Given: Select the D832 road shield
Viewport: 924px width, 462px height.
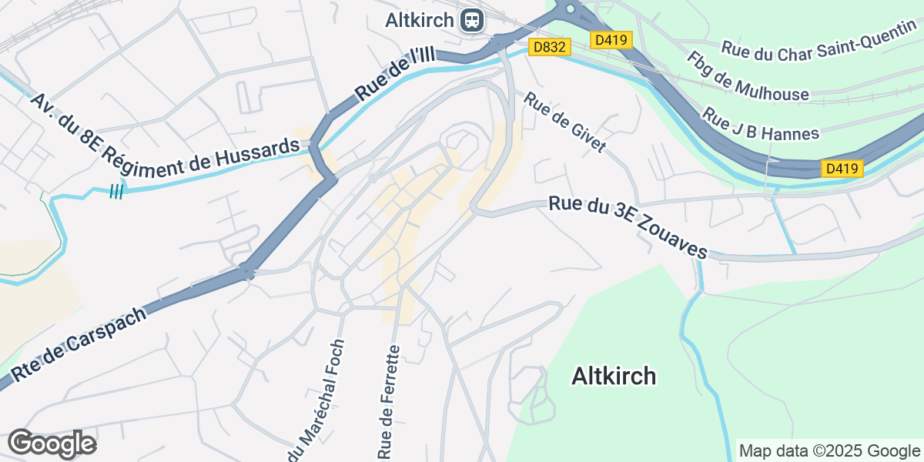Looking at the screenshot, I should coord(550,48).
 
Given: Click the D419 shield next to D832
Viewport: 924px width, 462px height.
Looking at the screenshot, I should coord(611,39).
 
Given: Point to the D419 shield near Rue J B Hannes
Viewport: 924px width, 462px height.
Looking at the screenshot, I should coord(842,169).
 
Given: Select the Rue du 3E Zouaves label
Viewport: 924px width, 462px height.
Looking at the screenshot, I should coord(628,228).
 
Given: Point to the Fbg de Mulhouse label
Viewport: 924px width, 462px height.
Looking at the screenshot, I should coord(747,77).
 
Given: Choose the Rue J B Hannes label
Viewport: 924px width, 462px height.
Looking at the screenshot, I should coord(761,122).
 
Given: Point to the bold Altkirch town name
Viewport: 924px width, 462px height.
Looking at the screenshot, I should coord(614,376).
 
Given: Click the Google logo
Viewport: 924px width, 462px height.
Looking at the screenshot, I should coord(52,444).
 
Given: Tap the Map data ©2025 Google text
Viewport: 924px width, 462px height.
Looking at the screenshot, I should coord(829,450).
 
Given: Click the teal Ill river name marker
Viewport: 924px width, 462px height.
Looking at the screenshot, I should coord(115,191).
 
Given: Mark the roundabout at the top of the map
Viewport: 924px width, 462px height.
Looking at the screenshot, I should coord(571,8).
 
